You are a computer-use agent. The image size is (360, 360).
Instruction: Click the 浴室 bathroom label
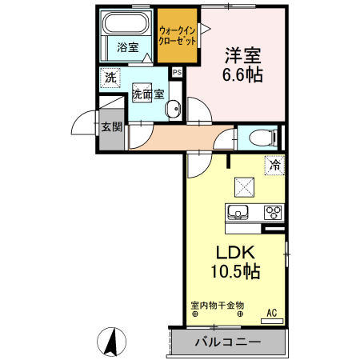[127, 46]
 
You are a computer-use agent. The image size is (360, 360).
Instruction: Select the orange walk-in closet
[178, 36]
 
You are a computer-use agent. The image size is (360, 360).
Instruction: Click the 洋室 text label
[242, 57]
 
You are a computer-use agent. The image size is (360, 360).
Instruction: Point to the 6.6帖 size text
[242, 77]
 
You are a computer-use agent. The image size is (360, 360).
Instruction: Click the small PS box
[176, 72]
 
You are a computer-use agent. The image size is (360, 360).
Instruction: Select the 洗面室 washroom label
[148, 93]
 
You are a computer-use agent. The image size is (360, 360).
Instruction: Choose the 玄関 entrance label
[112, 126]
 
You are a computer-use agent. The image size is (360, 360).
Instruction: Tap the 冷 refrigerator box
[274, 166]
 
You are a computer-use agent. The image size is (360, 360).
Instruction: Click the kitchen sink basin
[238, 212]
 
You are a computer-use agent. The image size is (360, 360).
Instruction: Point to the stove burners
[273, 212]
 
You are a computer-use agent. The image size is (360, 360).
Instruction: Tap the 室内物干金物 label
[217, 305]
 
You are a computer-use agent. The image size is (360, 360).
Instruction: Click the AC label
[271, 312]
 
